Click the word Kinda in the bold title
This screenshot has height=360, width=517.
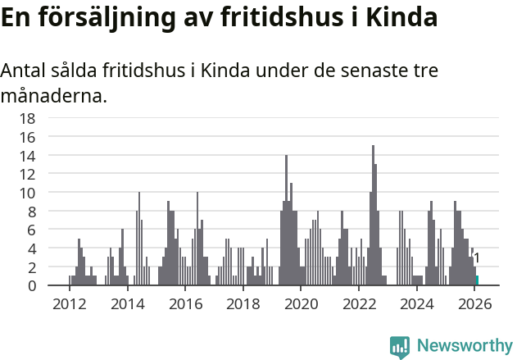coord(402,17)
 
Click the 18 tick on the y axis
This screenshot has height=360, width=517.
coord(27,118)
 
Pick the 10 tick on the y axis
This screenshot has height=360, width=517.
coord(27,193)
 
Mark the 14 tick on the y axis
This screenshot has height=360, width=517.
coord(27,156)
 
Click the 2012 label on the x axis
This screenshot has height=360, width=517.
coord(69,305)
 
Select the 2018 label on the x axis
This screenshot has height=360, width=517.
coord(243,305)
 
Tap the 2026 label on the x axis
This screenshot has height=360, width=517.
coord(475,305)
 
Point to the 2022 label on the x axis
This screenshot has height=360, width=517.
coord(359,305)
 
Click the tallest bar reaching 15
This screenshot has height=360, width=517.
coord(373,216)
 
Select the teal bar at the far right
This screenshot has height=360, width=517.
coord(477,280)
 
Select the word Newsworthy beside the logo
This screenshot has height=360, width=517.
coord(464,346)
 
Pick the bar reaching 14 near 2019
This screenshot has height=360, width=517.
coord(286,220)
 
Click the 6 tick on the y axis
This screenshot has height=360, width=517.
coord(31,230)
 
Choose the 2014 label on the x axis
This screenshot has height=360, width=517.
coord(127,305)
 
